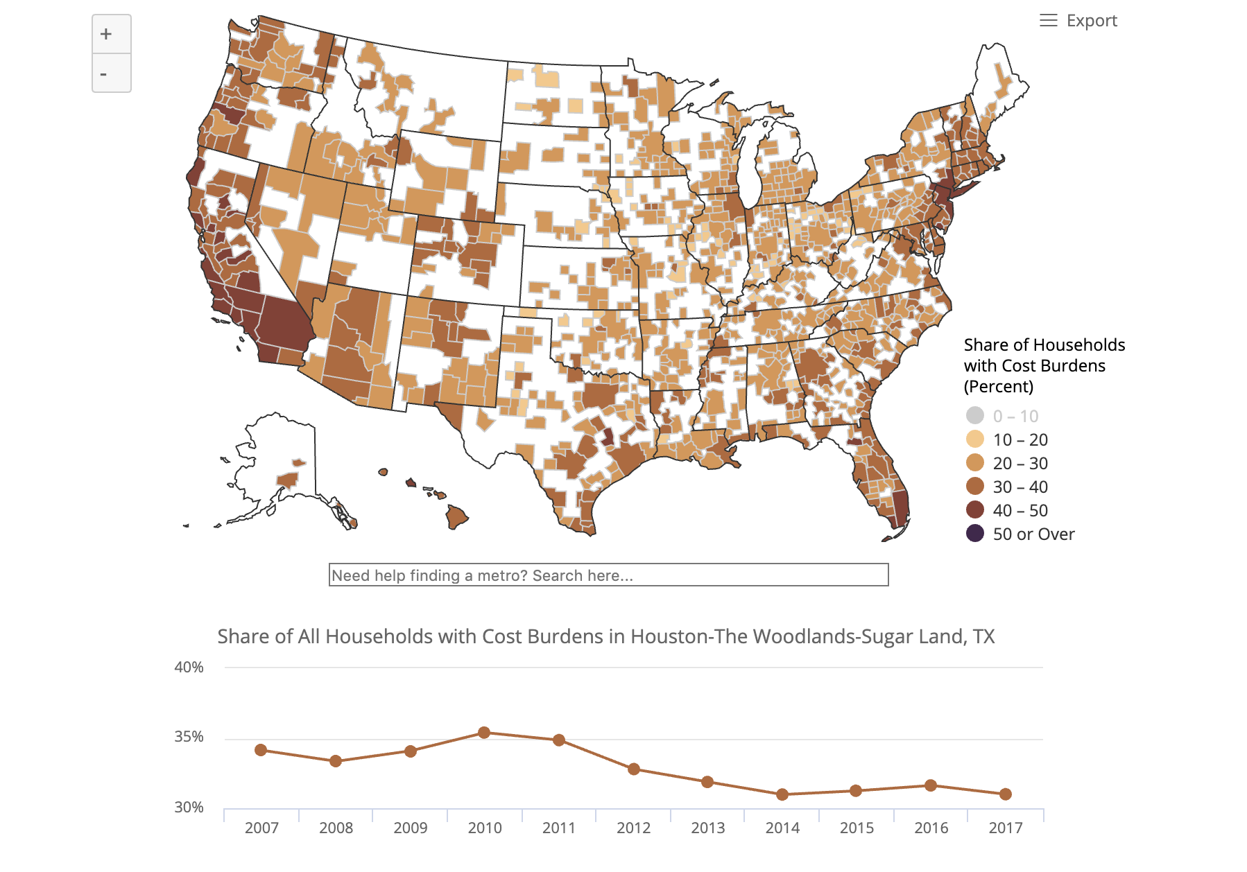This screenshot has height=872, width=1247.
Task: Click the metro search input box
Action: [608, 575]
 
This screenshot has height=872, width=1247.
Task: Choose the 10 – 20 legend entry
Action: [1020, 439]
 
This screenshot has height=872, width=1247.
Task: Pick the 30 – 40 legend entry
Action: [1020, 487]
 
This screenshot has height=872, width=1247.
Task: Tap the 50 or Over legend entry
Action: [1033, 534]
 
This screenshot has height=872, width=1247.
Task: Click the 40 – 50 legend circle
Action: [975, 510]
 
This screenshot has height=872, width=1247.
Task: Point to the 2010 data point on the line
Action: [484, 733]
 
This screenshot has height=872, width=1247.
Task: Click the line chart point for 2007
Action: [261, 750]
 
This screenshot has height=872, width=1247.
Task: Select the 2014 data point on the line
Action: [782, 794]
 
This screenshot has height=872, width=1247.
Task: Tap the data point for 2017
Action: [1006, 794]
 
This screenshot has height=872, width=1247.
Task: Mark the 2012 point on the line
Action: [633, 769]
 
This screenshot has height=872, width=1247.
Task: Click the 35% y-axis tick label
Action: [189, 737]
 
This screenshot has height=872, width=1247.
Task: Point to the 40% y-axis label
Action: [189, 668]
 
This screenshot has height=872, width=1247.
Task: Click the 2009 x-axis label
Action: [410, 828]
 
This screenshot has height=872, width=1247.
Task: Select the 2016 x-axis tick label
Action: [931, 828]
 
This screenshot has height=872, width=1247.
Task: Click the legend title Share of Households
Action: [1044, 345]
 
